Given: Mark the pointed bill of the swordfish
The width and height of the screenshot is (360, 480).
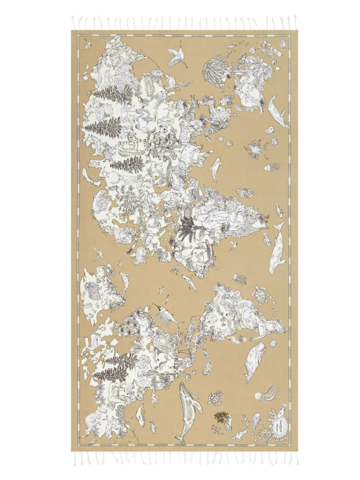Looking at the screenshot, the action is coord(157,307).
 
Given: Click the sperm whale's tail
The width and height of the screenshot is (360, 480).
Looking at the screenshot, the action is coord(246,379).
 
